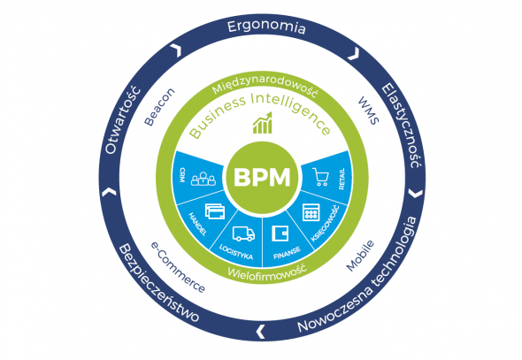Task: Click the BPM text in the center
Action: (x=262, y=177)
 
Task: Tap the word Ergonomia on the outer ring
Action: (x=266, y=27)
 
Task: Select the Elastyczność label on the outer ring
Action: (x=402, y=126)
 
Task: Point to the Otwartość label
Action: (x=122, y=120)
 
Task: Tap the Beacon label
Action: (x=159, y=107)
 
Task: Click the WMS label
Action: (x=369, y=111)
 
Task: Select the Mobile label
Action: (x=360, y=256)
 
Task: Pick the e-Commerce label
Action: (x=178, y=267)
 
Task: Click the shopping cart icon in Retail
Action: (x=320, y=177)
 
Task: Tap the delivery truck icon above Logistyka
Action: (x=243, y=234)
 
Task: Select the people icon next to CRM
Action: (x=203, y=179)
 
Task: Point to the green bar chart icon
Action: (x=263, y=123)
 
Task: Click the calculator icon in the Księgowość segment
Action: (x=311, y=212)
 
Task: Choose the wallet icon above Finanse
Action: (x=280, y=234)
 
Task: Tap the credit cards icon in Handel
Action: (x=215, y=211)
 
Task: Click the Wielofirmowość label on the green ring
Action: (x=266, y=272)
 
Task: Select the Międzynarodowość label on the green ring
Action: (x=265, y=87)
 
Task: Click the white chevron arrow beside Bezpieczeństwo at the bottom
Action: (x=261, y=332)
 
